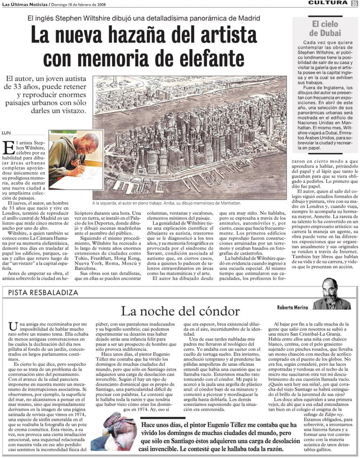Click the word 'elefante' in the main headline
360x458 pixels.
(x=202, y=59)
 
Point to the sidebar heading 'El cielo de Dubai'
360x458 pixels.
(x=325, y=29)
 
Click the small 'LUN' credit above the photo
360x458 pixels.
(x=7, y=133)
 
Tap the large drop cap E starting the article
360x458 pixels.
(x=8, y=147)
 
